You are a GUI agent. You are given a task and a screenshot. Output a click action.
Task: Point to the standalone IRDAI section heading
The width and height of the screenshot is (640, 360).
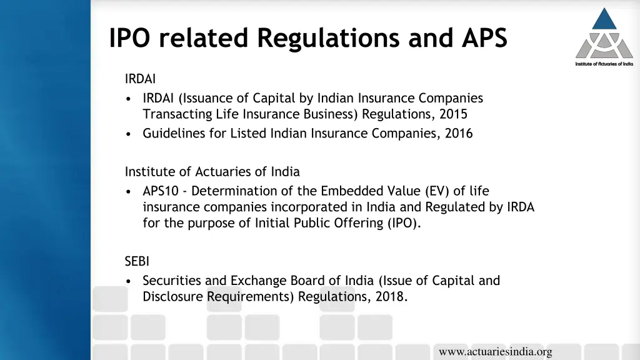point(140,79)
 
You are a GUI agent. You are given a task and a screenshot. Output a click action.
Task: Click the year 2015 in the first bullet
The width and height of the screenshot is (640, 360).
point(453,114)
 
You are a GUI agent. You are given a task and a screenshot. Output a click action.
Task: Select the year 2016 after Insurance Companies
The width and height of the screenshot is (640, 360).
point(459,133)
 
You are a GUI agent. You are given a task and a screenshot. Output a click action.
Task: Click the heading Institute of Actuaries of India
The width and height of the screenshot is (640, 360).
point(212,171)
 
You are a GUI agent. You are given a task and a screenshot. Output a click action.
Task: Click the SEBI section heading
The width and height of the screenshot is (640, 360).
point(137,262)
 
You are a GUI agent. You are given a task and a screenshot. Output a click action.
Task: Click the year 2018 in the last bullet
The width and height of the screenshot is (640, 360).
point(391,297)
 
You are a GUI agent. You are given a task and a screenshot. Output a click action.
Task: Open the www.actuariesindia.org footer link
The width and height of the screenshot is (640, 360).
point(495,352)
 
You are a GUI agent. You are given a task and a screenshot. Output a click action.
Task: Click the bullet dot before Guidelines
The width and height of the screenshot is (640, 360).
point(128,134)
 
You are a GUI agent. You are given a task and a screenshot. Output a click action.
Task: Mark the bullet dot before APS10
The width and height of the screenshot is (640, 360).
point(128,191)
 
